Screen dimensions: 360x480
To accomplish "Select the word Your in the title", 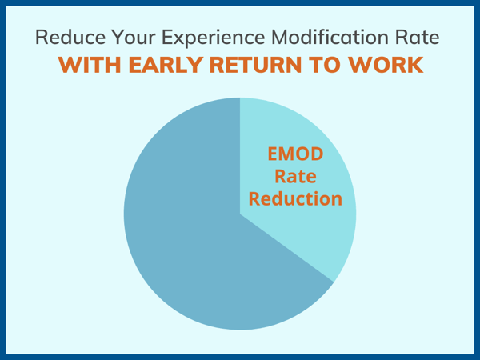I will coord(126,38).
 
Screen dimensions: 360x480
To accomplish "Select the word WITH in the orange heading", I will coord(87,66).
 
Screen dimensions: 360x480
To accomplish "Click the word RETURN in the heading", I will coord(256,66).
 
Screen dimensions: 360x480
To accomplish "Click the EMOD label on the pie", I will coord(298,154).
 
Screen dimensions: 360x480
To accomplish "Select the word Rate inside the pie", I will coord(298,176).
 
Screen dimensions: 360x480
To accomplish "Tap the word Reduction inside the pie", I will coord(298,198).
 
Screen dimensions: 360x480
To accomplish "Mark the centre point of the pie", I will coord(240,214).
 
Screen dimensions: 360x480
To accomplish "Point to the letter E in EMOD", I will coord(271,154).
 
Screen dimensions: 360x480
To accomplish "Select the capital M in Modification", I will coord(279,38).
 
